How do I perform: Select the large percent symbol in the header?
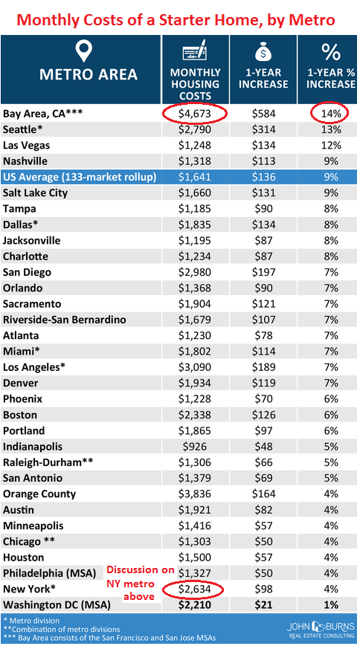(x=330, y=52)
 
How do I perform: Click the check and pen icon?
(x=195, y=51)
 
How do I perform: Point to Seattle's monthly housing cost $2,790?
(x=195, y=129)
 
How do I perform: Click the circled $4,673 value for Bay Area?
(x=195, y=114)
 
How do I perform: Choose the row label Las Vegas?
(x=26, y=146)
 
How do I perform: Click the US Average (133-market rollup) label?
(x=80, y=177)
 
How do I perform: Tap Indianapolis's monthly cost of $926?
(x=195, y=447)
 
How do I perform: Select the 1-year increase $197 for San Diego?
(x=263, y=272)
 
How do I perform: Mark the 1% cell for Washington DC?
(x=331, y=605)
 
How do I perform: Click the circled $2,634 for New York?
(x=195, y=589)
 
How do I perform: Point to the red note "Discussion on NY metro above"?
(x=141, y=583)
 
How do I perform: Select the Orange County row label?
(x=39, y=494)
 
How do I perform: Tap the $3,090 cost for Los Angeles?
(x=195, y=367)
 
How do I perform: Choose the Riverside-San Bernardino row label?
(x=64, y=320)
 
